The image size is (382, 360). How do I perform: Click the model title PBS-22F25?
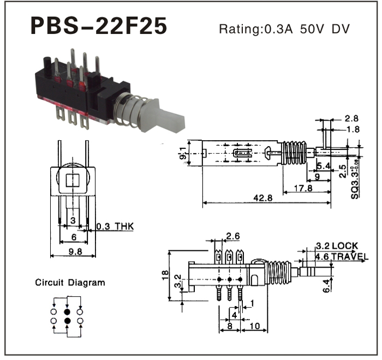[98, 26]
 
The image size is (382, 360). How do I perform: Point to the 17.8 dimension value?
[306, 188]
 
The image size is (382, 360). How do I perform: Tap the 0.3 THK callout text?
[114, 226]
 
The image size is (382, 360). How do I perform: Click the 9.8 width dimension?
[73, 251]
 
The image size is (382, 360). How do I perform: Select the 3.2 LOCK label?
[338, 246]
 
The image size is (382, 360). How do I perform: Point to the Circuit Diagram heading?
[70, 283]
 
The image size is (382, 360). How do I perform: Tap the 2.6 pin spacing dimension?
[232, 236]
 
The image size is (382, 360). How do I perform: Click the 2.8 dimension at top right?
[351, 118]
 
